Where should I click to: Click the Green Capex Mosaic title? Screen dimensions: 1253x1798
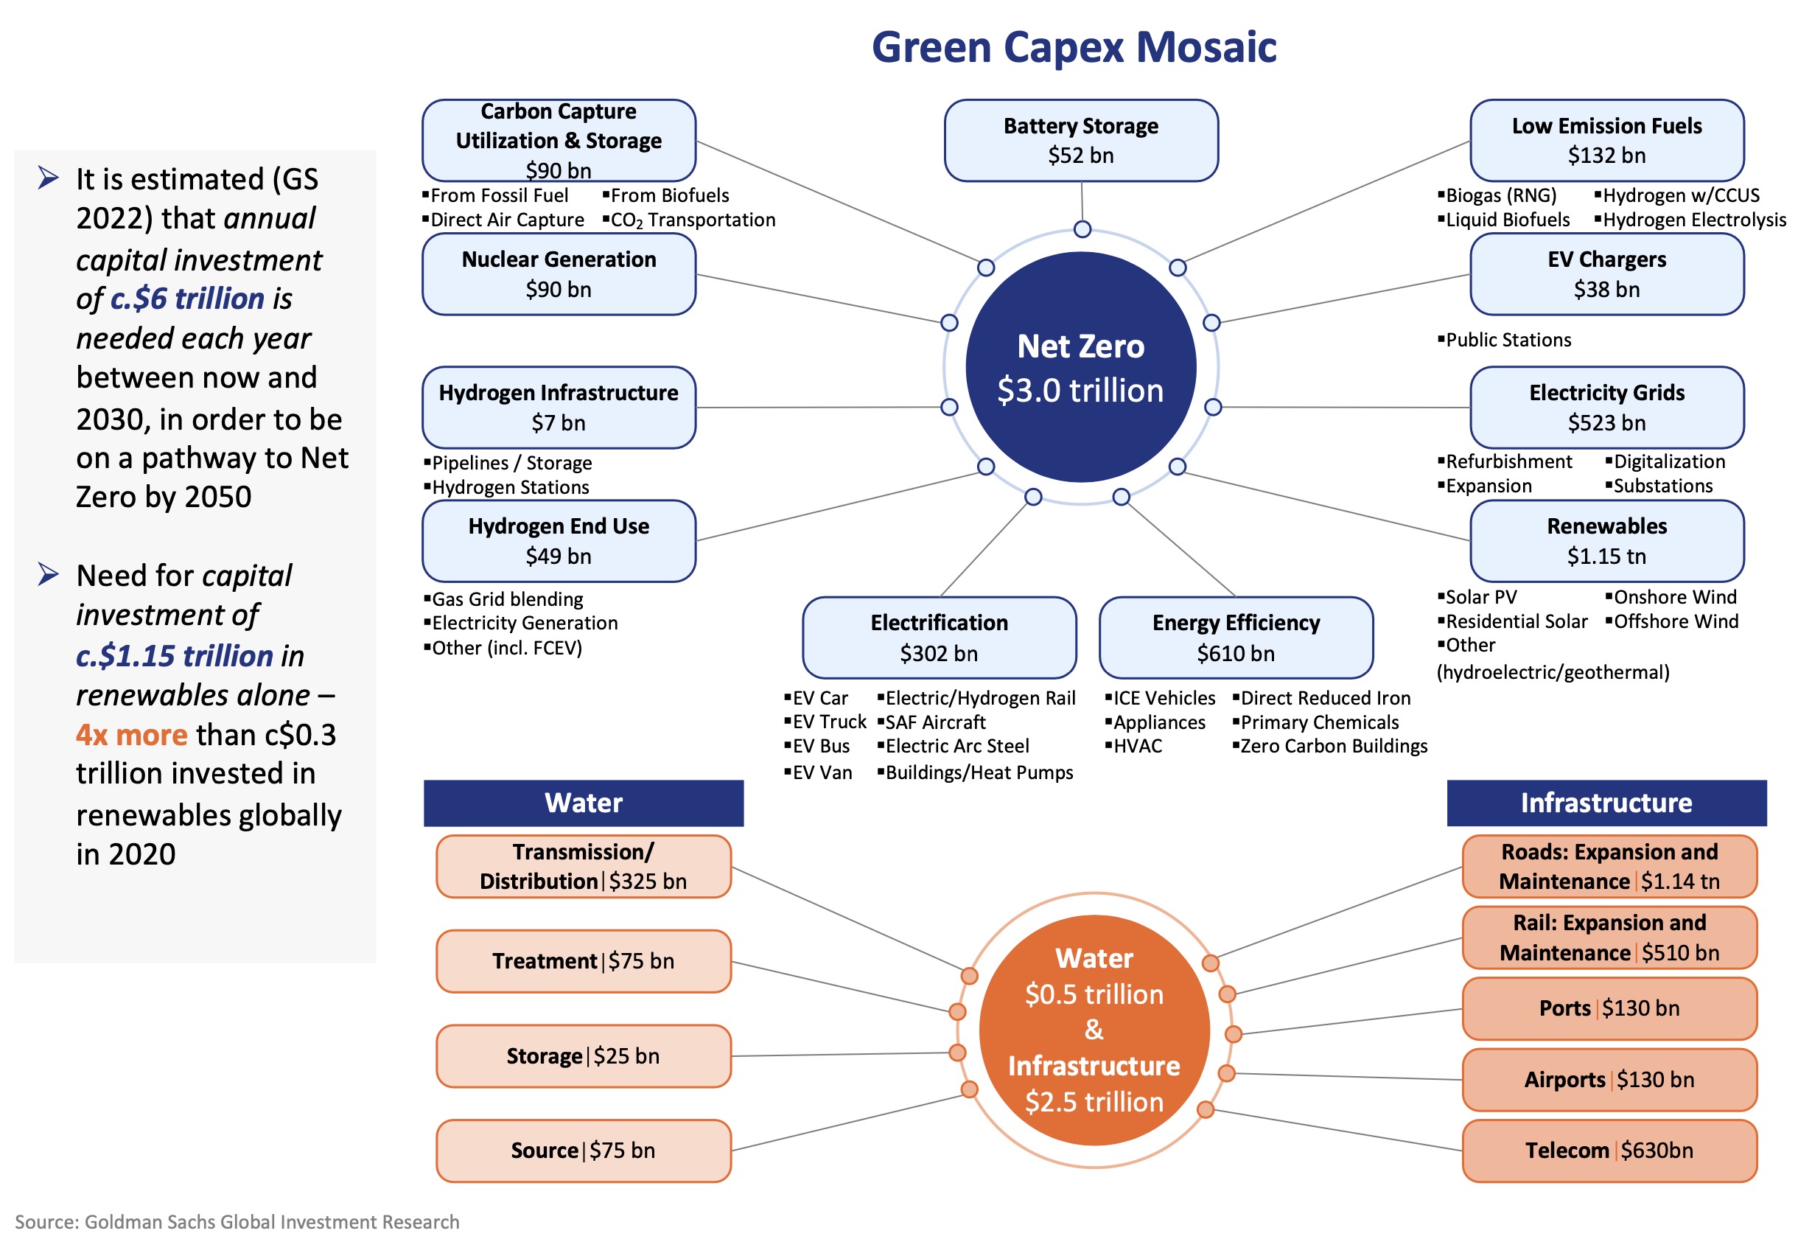tap(1074, 47)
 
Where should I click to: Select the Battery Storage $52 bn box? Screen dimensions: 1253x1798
tap(1081, 141)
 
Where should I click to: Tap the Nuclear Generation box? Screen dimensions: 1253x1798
tap(559, 274)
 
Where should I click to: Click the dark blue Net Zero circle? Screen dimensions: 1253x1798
tap(1081, 367)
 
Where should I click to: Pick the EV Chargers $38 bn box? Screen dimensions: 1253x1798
tap(1606, 274)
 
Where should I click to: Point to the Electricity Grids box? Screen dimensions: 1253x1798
tap(1606, 407)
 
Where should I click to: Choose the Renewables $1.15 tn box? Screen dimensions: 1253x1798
tap(1606, 540)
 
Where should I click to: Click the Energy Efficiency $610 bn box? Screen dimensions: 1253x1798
tap(1236, 638)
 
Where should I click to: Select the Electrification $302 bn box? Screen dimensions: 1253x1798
tap(939, 638)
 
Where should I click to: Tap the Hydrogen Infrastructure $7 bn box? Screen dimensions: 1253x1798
tap(559, 407)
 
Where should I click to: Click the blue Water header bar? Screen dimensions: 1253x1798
tap(584, 803)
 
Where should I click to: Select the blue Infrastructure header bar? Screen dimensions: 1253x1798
tap(1606, 803)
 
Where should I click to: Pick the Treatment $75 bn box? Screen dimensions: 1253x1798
tap(584, 961)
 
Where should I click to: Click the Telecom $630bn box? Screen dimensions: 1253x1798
tap(1609, 1151)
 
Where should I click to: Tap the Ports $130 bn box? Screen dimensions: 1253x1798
tap(1609, 1008)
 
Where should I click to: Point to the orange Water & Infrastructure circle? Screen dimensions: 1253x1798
tap(1094, 1030)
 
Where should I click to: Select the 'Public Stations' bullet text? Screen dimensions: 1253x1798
tap(1508, 340)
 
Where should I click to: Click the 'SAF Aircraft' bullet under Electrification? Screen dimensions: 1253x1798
tap(935, 722)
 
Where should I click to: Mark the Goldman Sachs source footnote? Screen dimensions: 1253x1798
tap(237, 1222)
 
